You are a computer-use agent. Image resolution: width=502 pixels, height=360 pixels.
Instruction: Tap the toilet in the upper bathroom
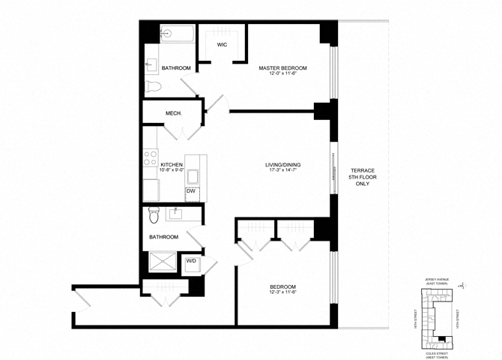[154, 87]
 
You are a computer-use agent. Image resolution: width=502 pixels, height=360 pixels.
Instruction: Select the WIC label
[223, 45]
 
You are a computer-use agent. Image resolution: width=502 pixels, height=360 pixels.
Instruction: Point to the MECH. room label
[174, 115]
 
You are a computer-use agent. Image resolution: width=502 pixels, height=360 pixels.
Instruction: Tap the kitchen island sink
[192, 178]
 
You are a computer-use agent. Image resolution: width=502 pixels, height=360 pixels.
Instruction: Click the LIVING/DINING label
[282, 165]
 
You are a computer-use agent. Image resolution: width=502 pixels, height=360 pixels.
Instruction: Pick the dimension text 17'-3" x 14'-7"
[282, 172]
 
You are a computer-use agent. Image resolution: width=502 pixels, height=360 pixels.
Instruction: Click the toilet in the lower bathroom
[154, 215]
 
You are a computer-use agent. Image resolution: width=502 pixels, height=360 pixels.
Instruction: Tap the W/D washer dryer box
[190, 262]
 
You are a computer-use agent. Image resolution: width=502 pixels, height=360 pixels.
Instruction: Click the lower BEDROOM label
[282, 287]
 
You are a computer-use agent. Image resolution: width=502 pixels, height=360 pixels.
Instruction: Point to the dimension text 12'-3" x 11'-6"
[282, 294]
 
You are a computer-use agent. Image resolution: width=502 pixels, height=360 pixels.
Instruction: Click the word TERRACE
[363, 171]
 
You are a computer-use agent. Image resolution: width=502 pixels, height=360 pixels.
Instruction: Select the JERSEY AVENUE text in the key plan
[435, 277]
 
